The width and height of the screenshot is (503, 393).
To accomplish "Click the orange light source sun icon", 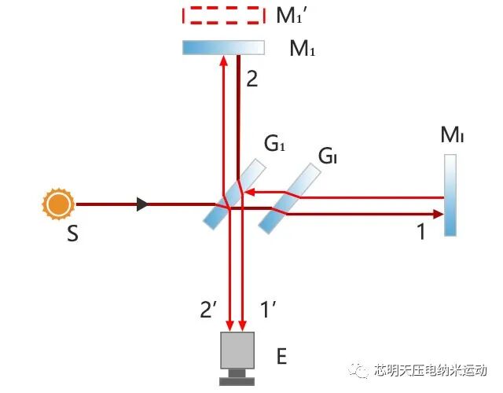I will pos(58,205).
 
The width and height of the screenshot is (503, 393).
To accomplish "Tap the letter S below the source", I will pos(72,234).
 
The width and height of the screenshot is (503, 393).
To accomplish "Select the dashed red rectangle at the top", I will pos(222,15).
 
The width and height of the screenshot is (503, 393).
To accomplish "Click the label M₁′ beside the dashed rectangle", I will pos(296,16).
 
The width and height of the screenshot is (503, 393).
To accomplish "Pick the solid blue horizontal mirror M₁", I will pos(223,48).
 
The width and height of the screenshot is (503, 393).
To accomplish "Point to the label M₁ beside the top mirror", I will pos(302,50).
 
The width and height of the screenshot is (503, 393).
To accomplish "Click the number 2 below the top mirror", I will pos(251,79).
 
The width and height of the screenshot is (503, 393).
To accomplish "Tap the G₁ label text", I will pos(274,145).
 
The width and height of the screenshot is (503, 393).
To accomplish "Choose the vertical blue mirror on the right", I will pos(450,196).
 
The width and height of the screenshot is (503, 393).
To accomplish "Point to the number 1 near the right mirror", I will pos(420,233).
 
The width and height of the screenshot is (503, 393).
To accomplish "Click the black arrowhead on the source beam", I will pos(142,204).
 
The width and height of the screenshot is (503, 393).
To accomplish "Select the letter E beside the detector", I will pos(281,358).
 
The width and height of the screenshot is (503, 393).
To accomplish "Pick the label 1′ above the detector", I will pos(268,310).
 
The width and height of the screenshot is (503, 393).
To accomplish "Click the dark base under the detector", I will pos(238,381).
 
